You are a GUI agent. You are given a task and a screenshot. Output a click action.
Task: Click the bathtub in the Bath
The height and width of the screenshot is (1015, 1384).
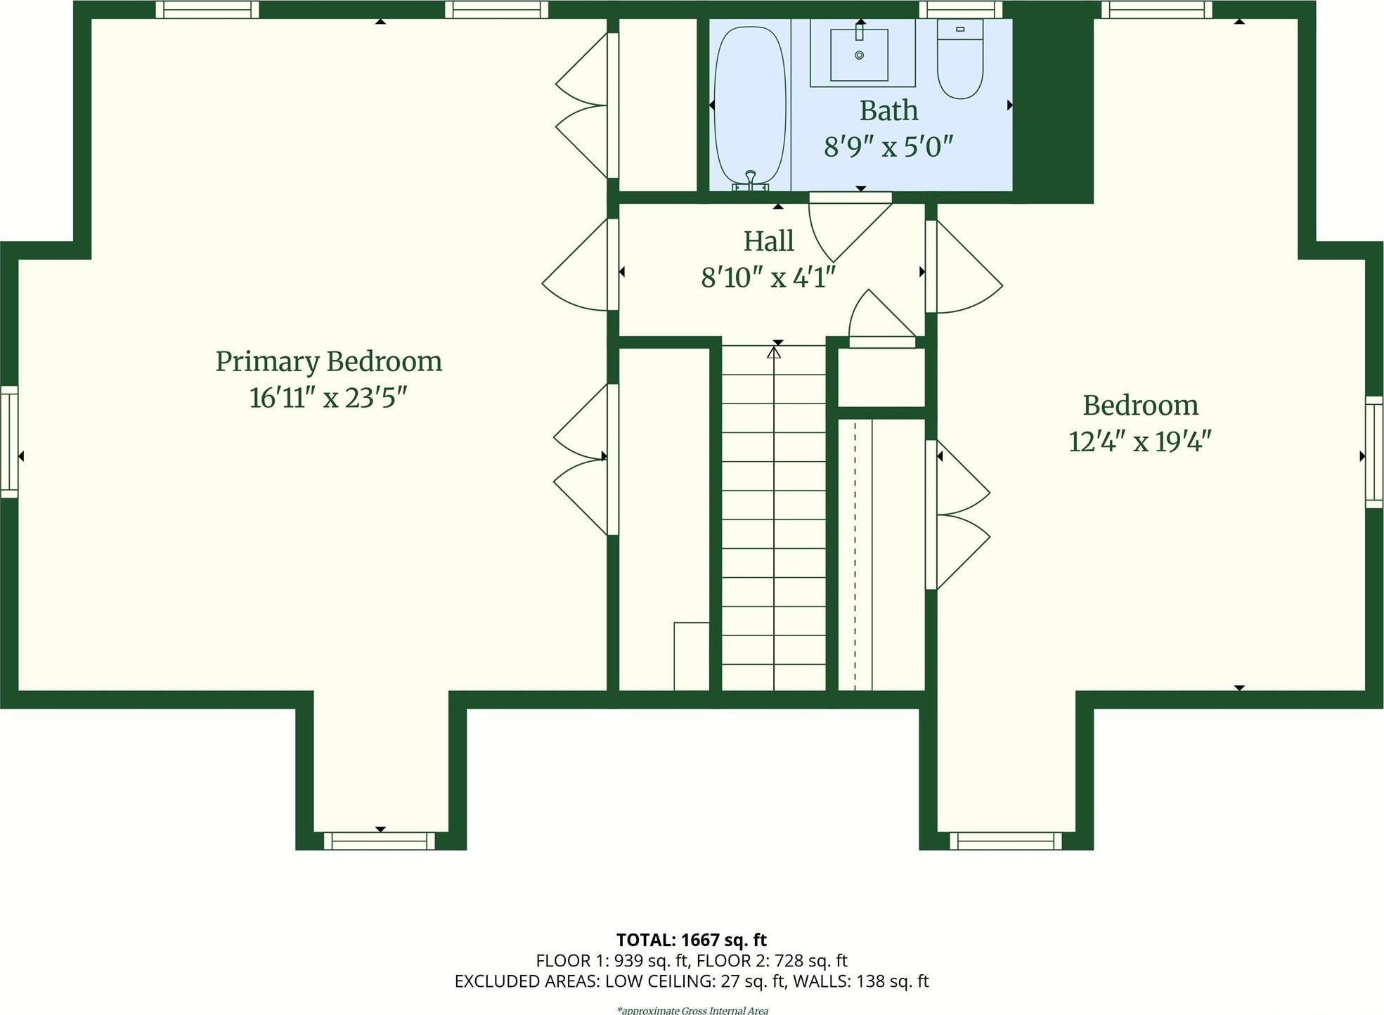[x=750, y=105]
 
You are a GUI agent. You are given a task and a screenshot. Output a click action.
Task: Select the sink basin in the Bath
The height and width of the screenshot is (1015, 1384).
[x=859, y=55]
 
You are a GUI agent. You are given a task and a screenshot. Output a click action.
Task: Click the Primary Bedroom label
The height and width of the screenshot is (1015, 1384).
[x=328, y=362]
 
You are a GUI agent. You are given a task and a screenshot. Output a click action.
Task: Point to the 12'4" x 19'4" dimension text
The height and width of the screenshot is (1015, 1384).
[x=1139, y=442]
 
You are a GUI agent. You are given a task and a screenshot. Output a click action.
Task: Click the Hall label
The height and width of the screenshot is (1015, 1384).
[x=768, y=241]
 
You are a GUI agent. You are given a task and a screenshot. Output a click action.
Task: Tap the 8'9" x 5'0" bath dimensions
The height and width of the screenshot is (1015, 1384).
[x=888, y=147]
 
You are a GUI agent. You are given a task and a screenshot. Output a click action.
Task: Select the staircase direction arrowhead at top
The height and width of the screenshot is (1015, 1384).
[x=774, y=352]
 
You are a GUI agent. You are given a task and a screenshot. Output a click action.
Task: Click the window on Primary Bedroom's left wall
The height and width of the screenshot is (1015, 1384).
[x=9, y=441]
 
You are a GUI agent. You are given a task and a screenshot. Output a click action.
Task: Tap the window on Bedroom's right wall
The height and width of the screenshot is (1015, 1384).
[x=1374, y=452]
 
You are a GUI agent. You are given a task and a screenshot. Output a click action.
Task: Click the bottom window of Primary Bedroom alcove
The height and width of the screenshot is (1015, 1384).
[x=380, y=841]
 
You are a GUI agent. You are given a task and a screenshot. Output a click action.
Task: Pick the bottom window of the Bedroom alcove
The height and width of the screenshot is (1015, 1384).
[x=1005, y=841]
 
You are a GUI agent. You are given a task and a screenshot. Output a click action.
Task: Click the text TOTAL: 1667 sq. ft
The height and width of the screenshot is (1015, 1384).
[x=691, y=940]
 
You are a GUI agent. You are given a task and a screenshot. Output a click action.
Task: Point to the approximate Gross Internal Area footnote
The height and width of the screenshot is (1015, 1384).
[x=692, y=1010]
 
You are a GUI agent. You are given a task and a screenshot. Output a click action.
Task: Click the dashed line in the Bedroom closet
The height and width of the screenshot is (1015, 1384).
[x=855, y=555]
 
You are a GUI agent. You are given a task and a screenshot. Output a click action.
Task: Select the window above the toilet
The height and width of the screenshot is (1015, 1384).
[x=960, y=10]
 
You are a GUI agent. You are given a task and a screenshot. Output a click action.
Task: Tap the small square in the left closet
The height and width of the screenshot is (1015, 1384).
[x=691, y=656]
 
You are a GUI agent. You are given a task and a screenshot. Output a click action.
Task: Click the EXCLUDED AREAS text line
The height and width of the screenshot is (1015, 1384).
[x=691, y=981]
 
